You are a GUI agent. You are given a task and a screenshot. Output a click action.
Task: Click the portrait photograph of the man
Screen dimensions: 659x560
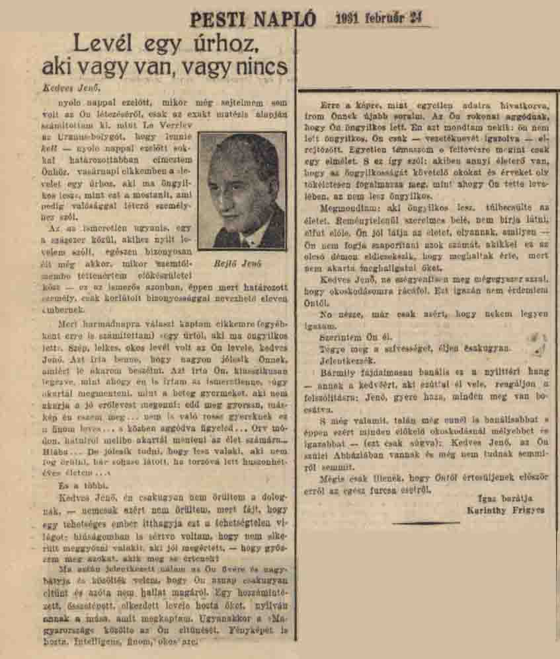pos(242,190)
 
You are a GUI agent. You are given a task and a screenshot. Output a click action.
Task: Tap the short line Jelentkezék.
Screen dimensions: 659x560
pos(345,361)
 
